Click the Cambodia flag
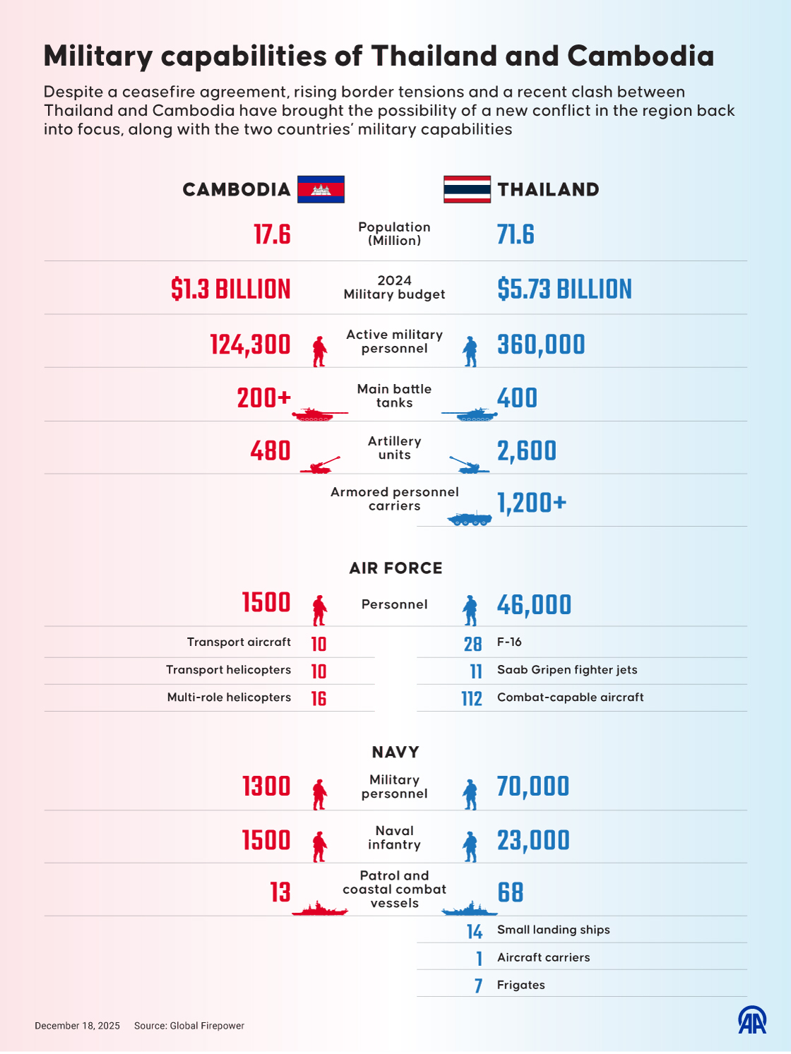coord(321,189)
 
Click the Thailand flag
coord(467,189)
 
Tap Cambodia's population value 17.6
coord(272,234)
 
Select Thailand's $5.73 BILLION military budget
coord(564,289)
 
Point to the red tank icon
coord(319,414)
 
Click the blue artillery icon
coord(469,465)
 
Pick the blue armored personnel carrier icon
coord(470,519)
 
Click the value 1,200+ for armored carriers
coord(532,503)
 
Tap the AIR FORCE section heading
coord(395,568)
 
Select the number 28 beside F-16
coord(472,644)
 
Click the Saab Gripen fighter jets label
coord(567,670)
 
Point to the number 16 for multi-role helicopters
coord(319,699)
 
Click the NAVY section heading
coord(395,753)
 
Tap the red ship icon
coord(319,909)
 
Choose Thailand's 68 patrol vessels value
coord(510,893)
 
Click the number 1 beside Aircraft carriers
coord(479,959)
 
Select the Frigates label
coord(521,986)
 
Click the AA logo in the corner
coord(752,1020)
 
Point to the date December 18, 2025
coord(77,1026)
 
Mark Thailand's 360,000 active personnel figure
coord(541,345)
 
